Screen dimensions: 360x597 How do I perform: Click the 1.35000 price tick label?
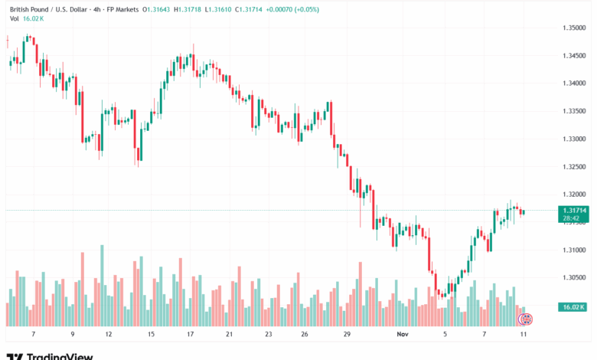point(573,28)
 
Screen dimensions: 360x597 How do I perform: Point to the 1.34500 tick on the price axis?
point(573,55)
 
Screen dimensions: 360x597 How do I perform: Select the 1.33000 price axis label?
point(573,139)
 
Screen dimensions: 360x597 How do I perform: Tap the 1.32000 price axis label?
point(573,195)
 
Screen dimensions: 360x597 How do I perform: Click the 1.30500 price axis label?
point(573,278)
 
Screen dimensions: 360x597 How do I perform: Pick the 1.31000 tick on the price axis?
point(573,250)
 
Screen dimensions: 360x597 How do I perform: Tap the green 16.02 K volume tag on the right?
point(573,307)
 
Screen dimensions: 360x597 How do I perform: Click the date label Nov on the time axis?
point(403,335)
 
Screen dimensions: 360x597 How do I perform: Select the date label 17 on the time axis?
point(189,335)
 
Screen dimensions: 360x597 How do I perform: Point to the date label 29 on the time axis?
point(346,335)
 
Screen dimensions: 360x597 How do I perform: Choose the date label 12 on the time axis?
point(108,335)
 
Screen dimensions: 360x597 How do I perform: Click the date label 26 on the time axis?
point(304,335)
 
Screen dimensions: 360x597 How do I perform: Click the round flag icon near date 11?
point(525,318)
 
